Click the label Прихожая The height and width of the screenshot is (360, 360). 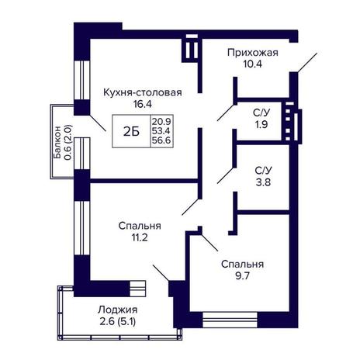click(253, 53)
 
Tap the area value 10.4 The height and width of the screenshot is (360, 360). click(253, 64)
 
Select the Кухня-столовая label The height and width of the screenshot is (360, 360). click(143, 92)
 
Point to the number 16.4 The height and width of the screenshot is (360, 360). click(143, 104)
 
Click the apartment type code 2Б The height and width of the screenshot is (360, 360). click(131, 132)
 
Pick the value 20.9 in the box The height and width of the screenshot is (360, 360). click(161, 121)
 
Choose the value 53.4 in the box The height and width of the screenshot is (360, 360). click(161, 131)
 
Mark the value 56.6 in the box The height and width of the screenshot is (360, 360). click(161, 140)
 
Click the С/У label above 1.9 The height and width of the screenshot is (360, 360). click(261, 113)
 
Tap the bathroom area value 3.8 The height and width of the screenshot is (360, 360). click(263, 182)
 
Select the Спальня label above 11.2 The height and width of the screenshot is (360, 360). click(140, 226)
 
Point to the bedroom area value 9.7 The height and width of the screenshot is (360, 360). click(242, 276)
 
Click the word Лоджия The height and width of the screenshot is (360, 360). click(118, 310)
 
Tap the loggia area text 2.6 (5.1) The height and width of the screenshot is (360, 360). click(117, 322)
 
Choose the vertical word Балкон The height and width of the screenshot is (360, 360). click(57, 142)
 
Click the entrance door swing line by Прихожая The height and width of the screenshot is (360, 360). click(307, 63)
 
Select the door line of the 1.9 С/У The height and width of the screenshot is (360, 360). click(226, 112)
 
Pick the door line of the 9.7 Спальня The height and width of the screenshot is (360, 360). click(209, 243)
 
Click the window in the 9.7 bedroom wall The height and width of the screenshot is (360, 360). click(230, 320)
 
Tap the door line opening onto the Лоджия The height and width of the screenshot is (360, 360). click(161, 273)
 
